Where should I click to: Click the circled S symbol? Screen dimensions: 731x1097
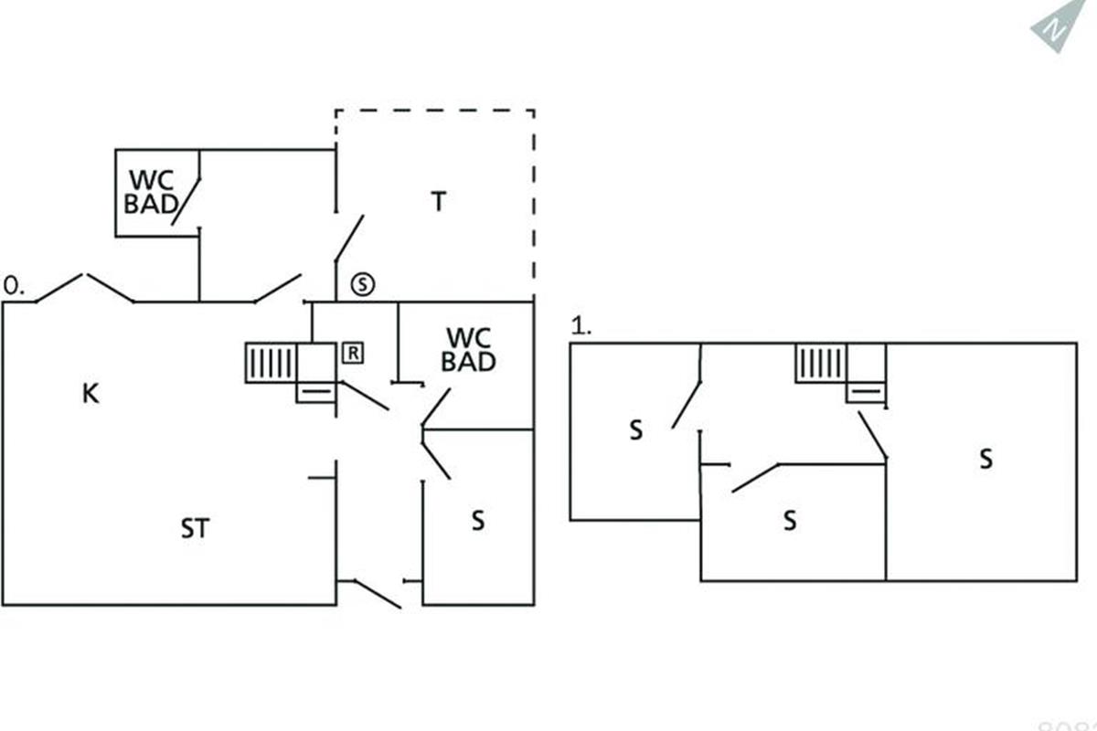tap(363, 284)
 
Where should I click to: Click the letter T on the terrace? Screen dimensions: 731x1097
tap(439, 201)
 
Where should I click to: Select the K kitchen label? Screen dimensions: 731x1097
tap(90, 394)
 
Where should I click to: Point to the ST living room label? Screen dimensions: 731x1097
tap(195, 528)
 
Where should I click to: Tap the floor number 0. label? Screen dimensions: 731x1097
tap(14, 286)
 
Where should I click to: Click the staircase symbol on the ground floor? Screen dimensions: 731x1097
tap(271, 363)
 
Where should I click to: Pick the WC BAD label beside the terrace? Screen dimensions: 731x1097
tap(468, 349)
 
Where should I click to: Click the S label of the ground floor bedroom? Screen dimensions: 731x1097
tap(477, 521)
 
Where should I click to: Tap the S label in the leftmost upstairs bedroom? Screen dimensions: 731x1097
tap(635, 430)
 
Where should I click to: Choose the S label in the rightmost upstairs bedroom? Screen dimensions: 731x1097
tap(985, 458)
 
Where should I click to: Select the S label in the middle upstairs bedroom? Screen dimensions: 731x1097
tap(790, 521)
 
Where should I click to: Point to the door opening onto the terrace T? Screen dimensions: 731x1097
tap(347, 238)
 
